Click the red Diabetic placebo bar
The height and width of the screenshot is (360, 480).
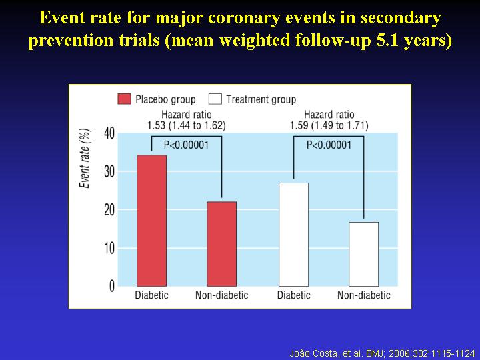point(151,221)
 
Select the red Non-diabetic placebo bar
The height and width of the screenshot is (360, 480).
point(221,244)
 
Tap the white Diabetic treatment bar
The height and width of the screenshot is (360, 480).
point(293,235)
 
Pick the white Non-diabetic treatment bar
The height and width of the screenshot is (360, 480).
point(364,254)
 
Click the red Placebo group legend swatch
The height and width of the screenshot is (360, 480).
point(124,99)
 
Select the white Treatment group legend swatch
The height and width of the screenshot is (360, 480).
point(215,99)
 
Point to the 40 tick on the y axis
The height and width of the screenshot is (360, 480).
point(109,133)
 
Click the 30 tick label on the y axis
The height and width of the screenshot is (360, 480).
point(109,172)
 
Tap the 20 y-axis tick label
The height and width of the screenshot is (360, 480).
point(109,210)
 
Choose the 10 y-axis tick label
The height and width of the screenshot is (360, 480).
point(109,248)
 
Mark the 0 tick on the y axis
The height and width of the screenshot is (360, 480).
point(112,286)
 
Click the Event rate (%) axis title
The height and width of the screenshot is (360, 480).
point(85,158)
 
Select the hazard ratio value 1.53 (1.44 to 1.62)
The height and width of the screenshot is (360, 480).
point(186,125)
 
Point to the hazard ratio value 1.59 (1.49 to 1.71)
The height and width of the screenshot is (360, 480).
point(329,125)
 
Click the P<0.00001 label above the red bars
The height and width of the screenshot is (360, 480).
point(186,145)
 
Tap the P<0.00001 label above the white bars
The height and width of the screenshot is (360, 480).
point(329,145)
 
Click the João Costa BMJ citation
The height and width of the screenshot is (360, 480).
point(382,353)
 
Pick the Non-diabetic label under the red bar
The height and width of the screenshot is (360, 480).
point(221,295)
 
